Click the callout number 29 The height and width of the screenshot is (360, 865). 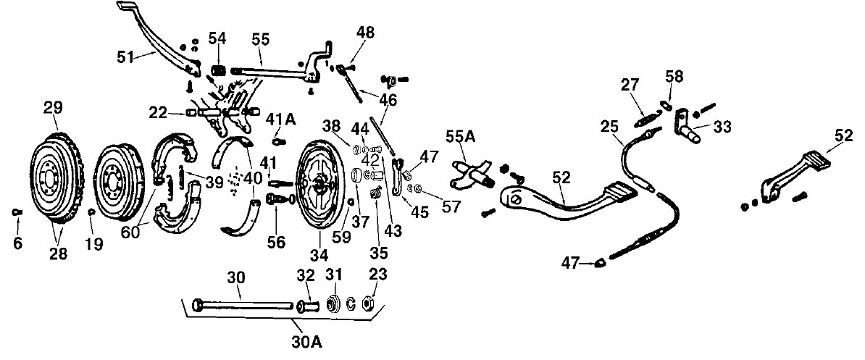54,107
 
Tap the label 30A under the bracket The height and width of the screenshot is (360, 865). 306,342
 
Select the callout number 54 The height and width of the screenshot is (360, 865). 217,39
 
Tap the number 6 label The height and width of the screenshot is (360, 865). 17,243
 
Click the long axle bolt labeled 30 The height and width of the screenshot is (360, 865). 242,305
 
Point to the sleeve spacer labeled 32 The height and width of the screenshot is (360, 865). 307,306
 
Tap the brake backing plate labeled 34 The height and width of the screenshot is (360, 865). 318,185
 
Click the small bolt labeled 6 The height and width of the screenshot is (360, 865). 16,212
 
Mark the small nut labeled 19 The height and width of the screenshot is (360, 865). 91,212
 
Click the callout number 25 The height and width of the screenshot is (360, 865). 610,127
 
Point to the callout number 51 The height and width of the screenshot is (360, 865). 126,56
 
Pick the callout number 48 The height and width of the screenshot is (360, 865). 365,33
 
